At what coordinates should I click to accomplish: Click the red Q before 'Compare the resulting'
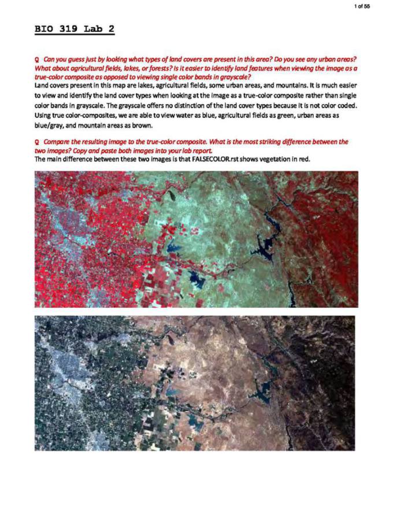click(x=37, y=142)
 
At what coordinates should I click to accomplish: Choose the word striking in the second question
click(x=250, y=142)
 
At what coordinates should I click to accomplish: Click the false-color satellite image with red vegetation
click(x=196, y=239)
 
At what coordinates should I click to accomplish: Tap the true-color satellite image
click(x=195, y=383)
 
